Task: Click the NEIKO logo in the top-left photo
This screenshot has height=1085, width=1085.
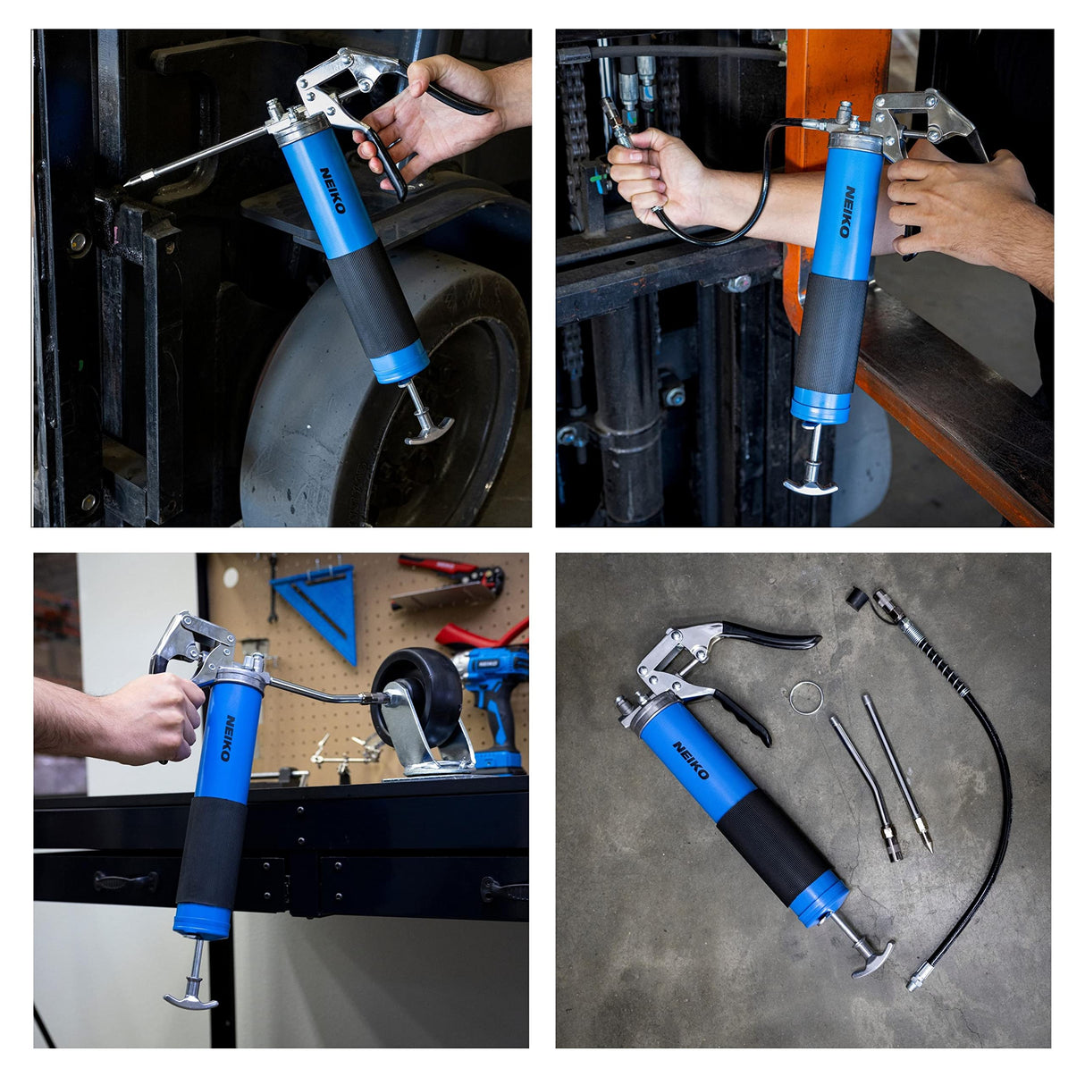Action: click(332, 189)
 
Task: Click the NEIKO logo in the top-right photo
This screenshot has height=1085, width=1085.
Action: click(847, 212)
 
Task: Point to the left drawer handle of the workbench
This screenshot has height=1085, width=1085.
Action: click(125, 880)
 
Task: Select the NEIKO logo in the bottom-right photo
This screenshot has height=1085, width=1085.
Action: click(691, 760)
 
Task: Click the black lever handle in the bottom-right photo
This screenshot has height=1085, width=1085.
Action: click(774, 635)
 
